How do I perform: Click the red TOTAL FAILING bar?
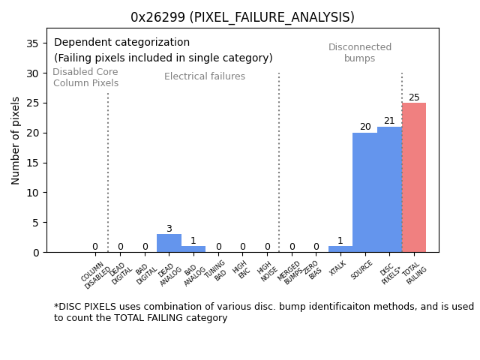(414, 178)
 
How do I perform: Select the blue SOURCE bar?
(365, 193)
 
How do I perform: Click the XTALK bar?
(340, 249)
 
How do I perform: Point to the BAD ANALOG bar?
(193, 249)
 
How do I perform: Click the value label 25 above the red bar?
(414, 97)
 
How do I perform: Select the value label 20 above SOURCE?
(365, 127)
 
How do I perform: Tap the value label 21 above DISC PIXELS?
(389, 121)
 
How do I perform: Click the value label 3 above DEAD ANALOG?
(169, 229)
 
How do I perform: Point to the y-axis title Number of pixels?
(16, 140)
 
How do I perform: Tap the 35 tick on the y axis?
(32, 43)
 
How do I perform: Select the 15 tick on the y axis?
(32, 163)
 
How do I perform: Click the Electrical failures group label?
(205, 76)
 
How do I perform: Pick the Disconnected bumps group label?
(360, 52)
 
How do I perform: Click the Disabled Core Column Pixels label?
(85, 77)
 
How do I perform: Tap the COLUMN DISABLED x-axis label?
(95, 274)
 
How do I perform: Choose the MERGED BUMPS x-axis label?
(290, 272)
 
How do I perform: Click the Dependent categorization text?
(121, 43)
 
